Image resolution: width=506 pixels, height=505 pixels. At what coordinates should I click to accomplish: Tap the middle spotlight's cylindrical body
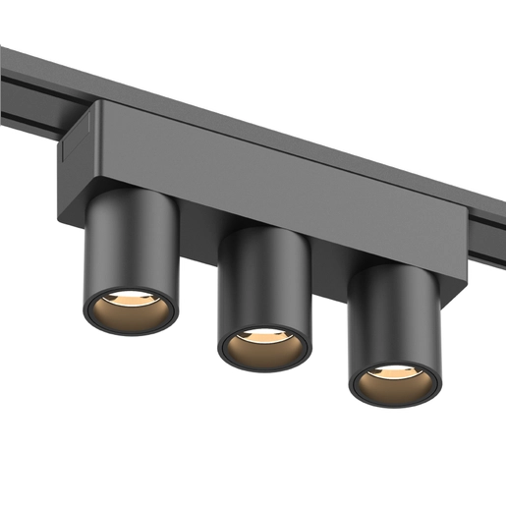coord(264,280)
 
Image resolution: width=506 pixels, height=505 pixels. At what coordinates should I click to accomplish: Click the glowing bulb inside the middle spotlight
coord(263,337)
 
